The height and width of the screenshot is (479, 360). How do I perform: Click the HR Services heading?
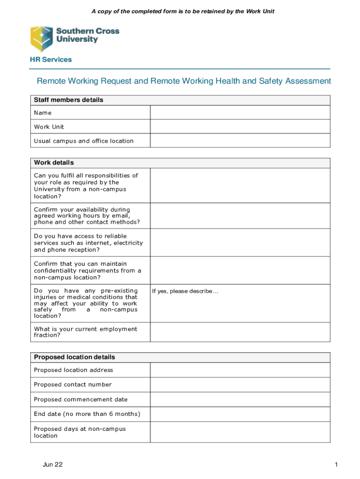(51, 59)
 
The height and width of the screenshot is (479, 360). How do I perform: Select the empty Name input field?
(240, 113)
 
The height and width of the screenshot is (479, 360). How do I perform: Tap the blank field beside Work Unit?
(240, 127)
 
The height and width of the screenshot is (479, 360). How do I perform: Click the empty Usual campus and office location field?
(240, 141)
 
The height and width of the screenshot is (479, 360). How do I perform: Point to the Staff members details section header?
(69, 100)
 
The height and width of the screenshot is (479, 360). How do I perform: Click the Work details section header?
(54, 163)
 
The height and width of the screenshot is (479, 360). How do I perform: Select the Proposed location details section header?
(74, 357)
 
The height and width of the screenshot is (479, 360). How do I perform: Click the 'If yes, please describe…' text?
(185, 291)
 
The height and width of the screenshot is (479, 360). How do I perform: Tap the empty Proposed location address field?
(240, 370)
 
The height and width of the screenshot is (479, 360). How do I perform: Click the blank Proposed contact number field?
(240, 385)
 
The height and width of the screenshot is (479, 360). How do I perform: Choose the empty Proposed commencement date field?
(240, 399)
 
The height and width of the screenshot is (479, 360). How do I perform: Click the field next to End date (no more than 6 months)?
(240, 414)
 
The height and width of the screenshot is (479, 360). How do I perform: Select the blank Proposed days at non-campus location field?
(240, 432)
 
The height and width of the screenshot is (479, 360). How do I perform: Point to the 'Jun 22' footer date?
(52, 464)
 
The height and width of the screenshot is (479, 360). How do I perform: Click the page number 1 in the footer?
(336, 464)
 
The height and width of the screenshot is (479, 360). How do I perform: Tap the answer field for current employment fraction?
(240, 332)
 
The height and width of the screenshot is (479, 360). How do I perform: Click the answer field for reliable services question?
(240, 243)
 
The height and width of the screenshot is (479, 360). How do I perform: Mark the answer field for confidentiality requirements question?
(240, 270)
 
